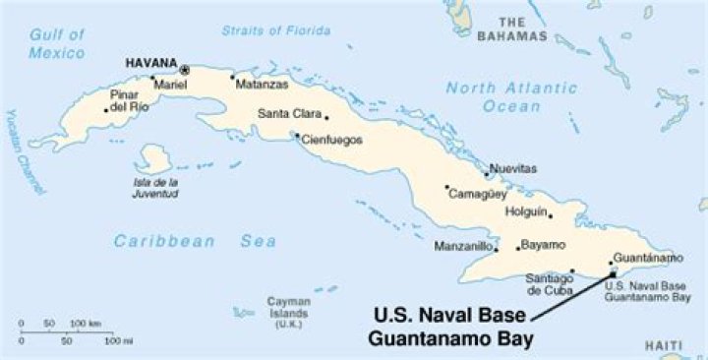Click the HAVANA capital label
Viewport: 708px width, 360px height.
tap(150, 65)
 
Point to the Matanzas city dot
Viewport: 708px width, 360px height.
tap(233, 77)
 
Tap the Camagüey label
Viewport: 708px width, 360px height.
tap(477, 195)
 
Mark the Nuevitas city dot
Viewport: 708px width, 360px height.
tap(488, 176)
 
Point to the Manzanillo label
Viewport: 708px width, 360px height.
tap(462, 247)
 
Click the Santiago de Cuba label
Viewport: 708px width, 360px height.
tap(548, 284)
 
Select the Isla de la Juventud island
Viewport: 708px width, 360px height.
tap(153, 157)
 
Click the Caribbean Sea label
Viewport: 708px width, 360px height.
tap(194, 241)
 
